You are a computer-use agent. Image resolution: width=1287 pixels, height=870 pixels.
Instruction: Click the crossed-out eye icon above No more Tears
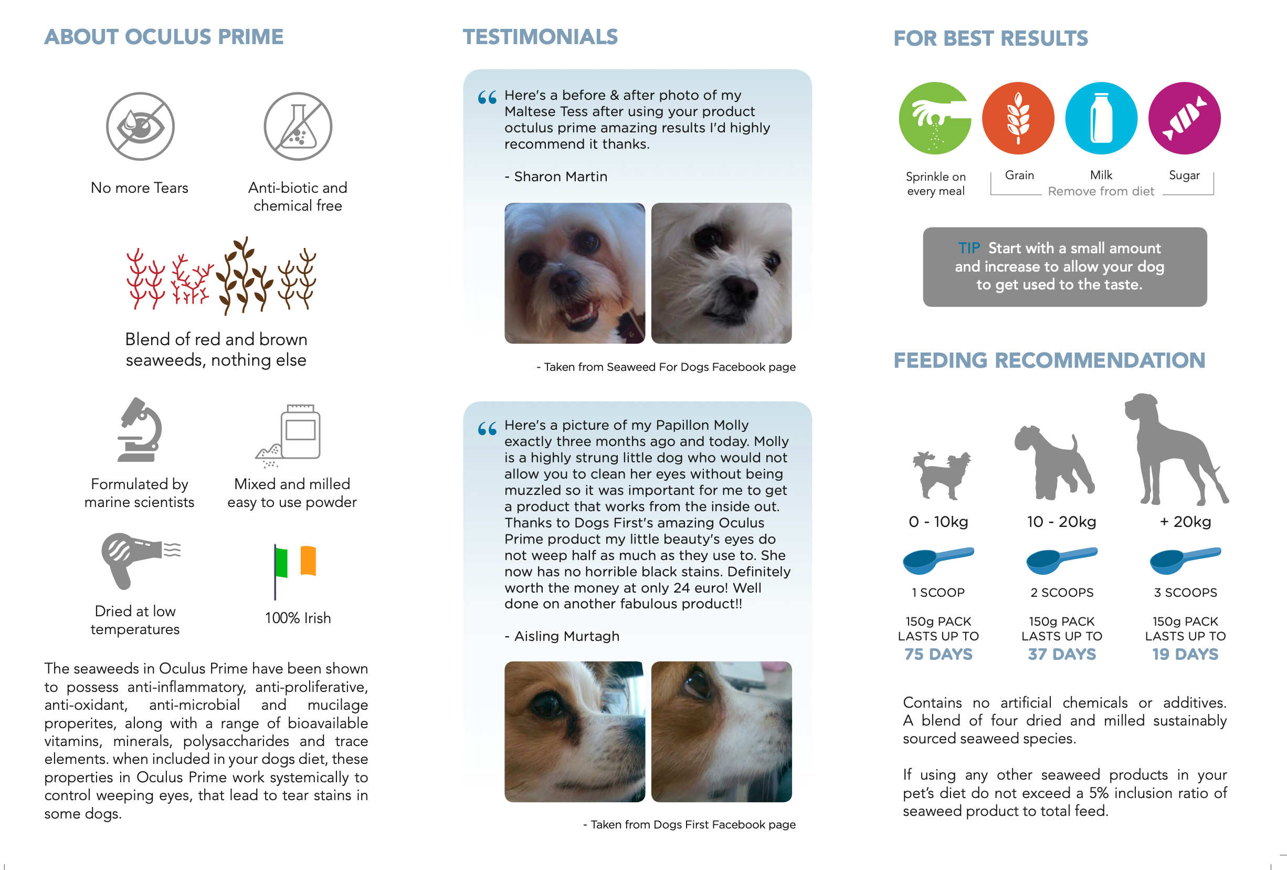[x=140, y=126]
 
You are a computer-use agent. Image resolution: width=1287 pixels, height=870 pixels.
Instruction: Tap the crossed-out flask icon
[x=298, y=126]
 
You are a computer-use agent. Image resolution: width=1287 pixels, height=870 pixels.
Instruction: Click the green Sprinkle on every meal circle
[x=935, y=118]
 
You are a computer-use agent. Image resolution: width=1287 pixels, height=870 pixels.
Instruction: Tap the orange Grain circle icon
[x=1018, y=118]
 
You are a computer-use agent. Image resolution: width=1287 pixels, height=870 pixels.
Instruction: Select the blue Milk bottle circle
[x=1101, y=118]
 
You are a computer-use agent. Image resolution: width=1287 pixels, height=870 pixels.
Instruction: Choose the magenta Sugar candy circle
[x=1184, y=118]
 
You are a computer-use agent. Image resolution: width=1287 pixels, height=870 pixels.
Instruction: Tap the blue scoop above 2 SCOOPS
[x=1060, y=560]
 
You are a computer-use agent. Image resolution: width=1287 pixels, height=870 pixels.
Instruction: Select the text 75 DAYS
[x=938, y=654]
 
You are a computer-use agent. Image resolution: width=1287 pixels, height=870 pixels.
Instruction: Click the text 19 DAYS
[x=1185, y=654]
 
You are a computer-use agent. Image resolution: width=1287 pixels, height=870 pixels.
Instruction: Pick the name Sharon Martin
[x=561, y=177]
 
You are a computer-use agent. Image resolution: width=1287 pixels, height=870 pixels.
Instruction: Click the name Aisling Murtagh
[x=566, y=636]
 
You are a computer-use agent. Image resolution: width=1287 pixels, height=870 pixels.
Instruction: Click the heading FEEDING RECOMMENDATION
[x=1049, y=360]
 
